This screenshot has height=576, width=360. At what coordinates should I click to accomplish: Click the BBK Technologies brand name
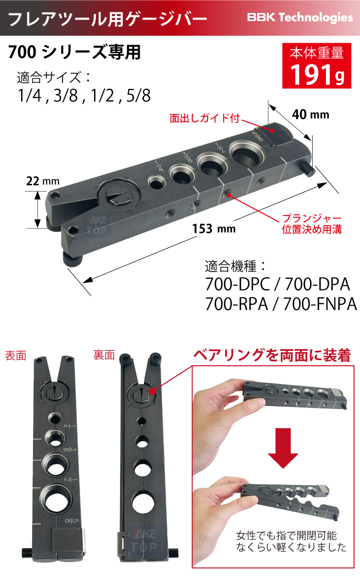click(300, 18)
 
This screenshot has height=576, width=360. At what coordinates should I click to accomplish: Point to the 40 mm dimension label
click(311, 114)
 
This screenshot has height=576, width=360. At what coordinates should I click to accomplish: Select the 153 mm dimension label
click(214, 228)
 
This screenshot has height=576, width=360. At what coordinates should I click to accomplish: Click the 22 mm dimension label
click(43, 181)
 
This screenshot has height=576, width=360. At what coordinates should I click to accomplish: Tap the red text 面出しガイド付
click(205, 118)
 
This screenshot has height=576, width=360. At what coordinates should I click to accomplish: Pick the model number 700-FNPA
click(320, 304)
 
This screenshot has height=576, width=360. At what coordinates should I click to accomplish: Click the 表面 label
click(15, 356)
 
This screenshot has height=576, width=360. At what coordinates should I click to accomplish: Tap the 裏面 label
click(104, 356)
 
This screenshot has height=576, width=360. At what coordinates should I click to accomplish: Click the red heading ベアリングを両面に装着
click(272, 356)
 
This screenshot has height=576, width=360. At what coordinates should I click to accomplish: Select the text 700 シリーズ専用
click(74, 52)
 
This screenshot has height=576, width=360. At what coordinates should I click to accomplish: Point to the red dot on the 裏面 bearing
click(153, 391)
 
